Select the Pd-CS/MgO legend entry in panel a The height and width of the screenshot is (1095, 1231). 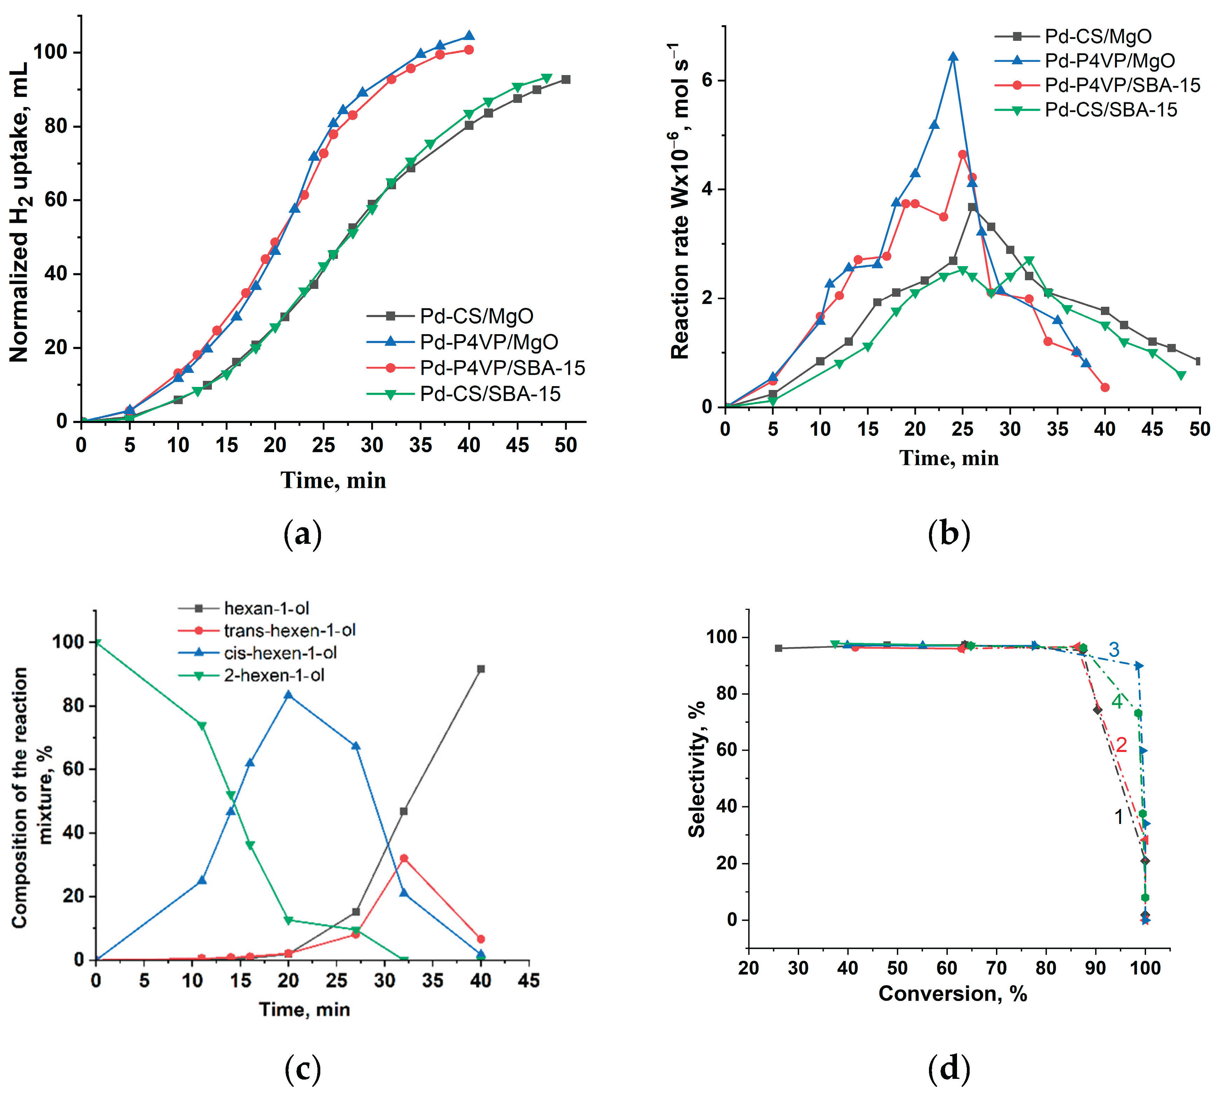(x=476, y=316)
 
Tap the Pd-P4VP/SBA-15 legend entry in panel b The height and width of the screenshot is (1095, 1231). (x=1122, y=85)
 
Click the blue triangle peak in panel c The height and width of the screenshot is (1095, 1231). (x=288, y=695)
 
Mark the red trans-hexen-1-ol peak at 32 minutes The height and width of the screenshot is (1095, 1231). (x=403, y=858)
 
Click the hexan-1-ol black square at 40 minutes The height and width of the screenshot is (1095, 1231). (x=481, y=669)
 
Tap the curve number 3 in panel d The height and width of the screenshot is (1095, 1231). (x=1113, y=649)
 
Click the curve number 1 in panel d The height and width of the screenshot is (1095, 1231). (x=1118, y=817)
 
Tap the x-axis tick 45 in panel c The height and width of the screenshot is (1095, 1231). (x=529, y=981)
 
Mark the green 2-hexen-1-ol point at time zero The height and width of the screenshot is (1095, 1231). (x=97, y=642)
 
